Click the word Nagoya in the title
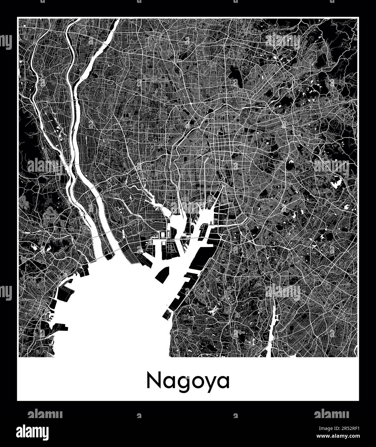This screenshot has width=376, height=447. coord(188,381)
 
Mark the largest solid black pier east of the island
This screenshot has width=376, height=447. coord(201,257)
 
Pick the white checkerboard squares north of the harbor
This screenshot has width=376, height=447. coord(158,209)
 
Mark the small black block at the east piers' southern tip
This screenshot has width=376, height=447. coord(167,315)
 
